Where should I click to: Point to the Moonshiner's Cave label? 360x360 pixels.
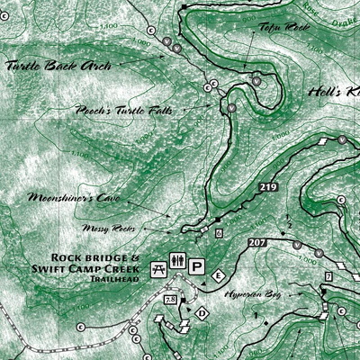tap(62, 196)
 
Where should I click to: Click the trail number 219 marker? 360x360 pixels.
tap(267, 186)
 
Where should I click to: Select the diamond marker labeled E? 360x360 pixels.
tap(218, 274)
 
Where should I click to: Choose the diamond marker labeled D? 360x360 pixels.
tap(202, 313)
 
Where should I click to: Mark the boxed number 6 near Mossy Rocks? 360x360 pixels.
tap(219, 233)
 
